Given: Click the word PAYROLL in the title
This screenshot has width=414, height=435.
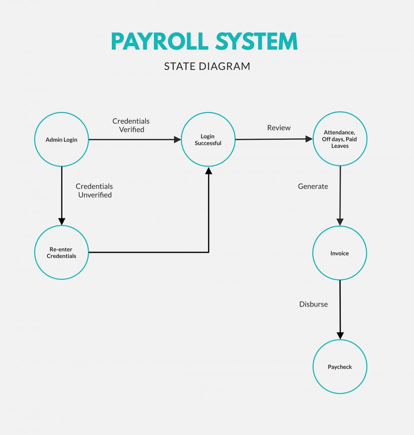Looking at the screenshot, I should tap(160, 42).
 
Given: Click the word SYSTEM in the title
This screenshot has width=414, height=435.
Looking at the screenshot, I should tap(256, 42).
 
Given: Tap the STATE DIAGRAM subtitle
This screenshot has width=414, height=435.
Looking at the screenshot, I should tap(207, 66).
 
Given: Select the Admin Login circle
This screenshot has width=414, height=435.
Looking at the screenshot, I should tap(62, 139).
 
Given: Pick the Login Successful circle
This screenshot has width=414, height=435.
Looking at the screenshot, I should tap(208, 139).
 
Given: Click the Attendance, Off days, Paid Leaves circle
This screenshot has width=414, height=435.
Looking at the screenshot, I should tap(340, 139).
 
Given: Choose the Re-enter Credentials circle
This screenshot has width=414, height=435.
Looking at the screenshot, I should tap(62, 252).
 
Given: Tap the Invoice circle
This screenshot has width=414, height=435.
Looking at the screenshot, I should tap(340, 253).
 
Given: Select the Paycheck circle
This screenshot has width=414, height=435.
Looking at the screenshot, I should tap(340, 367).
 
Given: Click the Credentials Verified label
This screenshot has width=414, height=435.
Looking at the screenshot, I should tap(131, 125).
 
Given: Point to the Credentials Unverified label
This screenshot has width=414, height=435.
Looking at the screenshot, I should tap(94, 190).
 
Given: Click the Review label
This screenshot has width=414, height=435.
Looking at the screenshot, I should tap(279, 128).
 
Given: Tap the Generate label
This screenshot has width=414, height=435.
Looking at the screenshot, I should tap(313, 186).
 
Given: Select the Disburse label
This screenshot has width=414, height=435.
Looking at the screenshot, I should tap(313, 304).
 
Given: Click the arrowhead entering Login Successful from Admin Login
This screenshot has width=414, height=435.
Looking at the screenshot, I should tap(177, 139).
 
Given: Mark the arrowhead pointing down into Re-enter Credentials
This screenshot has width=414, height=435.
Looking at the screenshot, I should tap(62, 221).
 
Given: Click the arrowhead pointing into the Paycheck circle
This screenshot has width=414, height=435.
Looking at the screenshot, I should tap(340, 336).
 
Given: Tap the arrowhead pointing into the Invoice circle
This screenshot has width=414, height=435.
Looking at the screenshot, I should tap(340, 222).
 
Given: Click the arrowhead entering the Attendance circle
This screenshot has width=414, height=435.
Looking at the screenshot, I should tap(309, 139).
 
